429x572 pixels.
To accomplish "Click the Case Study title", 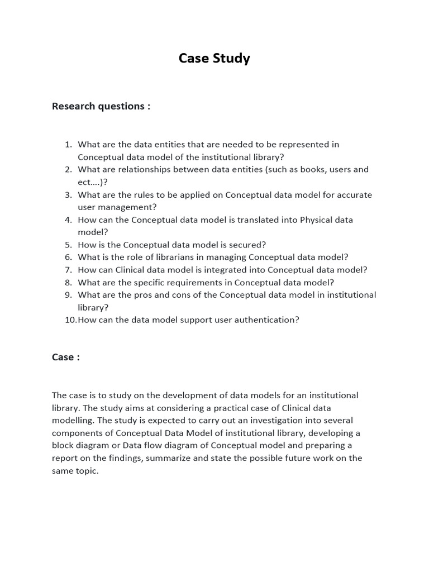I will tap(214, 58).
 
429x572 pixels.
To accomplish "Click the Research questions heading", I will tap(101, 106).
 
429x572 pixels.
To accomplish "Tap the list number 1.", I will tap(68, 144).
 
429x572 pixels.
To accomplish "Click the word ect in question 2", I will tap(85, 182).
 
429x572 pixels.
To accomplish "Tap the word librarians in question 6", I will tap(160, 257).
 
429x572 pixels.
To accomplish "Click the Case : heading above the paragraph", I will tap(65, 357).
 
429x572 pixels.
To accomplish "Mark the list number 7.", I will tap(68, 270).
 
